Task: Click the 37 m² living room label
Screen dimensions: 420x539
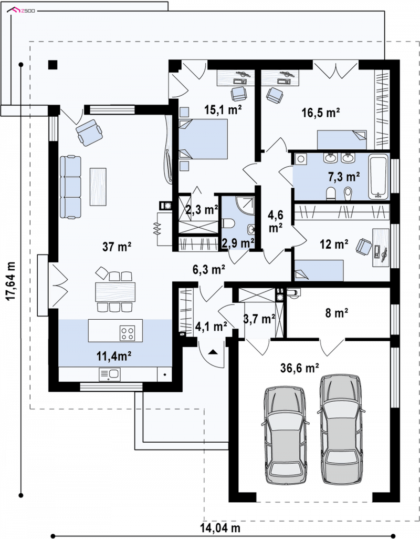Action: coord(117,246)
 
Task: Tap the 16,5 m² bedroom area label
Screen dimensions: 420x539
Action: coord(320,112)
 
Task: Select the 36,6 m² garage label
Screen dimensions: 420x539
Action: coord(300,368)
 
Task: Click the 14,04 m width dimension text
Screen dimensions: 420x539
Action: coord(220,527)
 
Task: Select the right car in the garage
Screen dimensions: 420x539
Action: coord(342,428)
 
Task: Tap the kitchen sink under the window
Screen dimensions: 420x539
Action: coord(109,374)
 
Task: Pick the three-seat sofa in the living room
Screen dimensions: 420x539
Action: coord(70,187)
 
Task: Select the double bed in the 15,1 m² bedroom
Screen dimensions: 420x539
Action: coord(203,139)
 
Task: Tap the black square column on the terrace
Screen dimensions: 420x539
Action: coord(52,65)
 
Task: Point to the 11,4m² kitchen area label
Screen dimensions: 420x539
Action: coord(114,356)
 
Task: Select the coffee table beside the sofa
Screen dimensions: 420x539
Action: coord(98,187)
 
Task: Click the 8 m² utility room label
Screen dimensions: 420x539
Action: coord(337,313)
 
